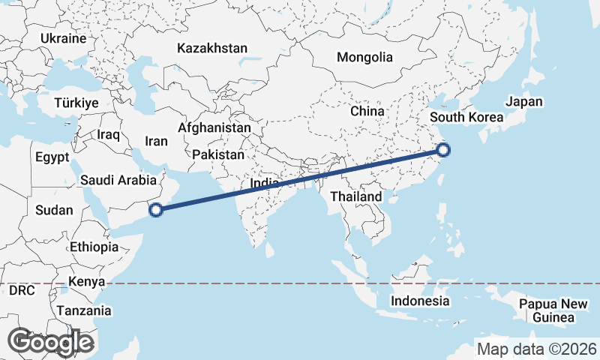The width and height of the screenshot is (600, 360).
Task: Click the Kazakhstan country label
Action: [212, 48]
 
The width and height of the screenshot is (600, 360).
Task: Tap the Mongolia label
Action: [364, 57]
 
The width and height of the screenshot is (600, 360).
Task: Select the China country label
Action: [367, 110]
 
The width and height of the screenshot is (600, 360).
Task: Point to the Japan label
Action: [524, 102]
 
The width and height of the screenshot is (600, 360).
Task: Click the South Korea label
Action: [466, 118]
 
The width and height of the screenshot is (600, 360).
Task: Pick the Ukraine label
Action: [63, 38]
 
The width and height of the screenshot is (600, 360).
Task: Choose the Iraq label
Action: [109, 134]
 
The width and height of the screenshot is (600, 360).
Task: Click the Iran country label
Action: [156, 140]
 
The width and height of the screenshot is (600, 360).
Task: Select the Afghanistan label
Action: [214, 128]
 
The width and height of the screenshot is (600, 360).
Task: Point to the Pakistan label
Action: [218, 154]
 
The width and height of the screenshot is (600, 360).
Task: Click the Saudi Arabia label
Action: [118, 180]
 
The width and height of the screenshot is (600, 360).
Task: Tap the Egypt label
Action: [52, 157]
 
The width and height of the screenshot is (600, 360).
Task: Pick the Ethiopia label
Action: [94, 247]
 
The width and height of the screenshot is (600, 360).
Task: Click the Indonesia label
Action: [419, 301]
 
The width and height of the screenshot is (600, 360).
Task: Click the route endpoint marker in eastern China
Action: [443, 149]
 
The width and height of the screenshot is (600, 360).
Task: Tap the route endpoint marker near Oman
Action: [156, 210]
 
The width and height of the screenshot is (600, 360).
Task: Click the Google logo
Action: [50, 342]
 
